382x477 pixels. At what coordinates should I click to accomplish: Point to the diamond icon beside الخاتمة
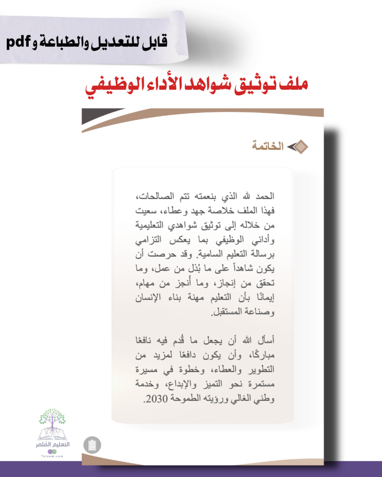click(x=299, y=146)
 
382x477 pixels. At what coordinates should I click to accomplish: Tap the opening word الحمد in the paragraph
click(x=266, y=197)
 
